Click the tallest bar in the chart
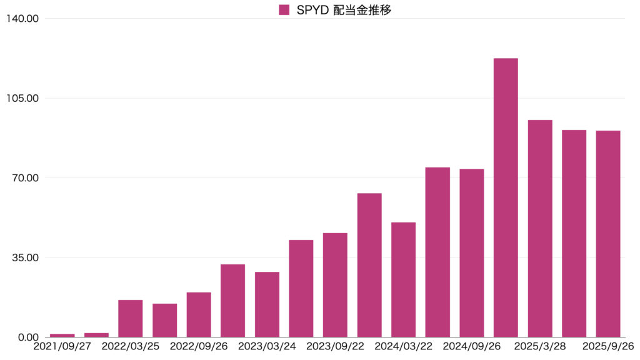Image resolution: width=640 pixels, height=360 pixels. (506, 197)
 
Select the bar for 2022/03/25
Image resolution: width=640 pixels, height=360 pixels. (131, 318)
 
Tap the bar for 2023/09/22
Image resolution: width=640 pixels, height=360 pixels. (335, 285)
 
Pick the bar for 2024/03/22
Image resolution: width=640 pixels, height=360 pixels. (403, 279)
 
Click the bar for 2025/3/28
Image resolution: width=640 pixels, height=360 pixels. (540, 228)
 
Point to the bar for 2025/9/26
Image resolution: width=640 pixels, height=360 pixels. (608, 234)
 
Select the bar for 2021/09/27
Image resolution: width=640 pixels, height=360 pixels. (62, 336)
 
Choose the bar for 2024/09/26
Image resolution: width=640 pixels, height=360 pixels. (472, 253)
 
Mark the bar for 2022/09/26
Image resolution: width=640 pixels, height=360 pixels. (199, 314)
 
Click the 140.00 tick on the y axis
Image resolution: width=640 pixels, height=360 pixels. (22, 19)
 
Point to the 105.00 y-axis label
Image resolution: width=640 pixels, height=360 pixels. (22, 99)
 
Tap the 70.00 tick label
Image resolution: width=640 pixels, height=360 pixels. (24, 178)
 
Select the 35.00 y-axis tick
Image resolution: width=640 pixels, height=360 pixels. (24, 257)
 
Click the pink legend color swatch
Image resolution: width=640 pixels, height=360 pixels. (284, 10)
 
